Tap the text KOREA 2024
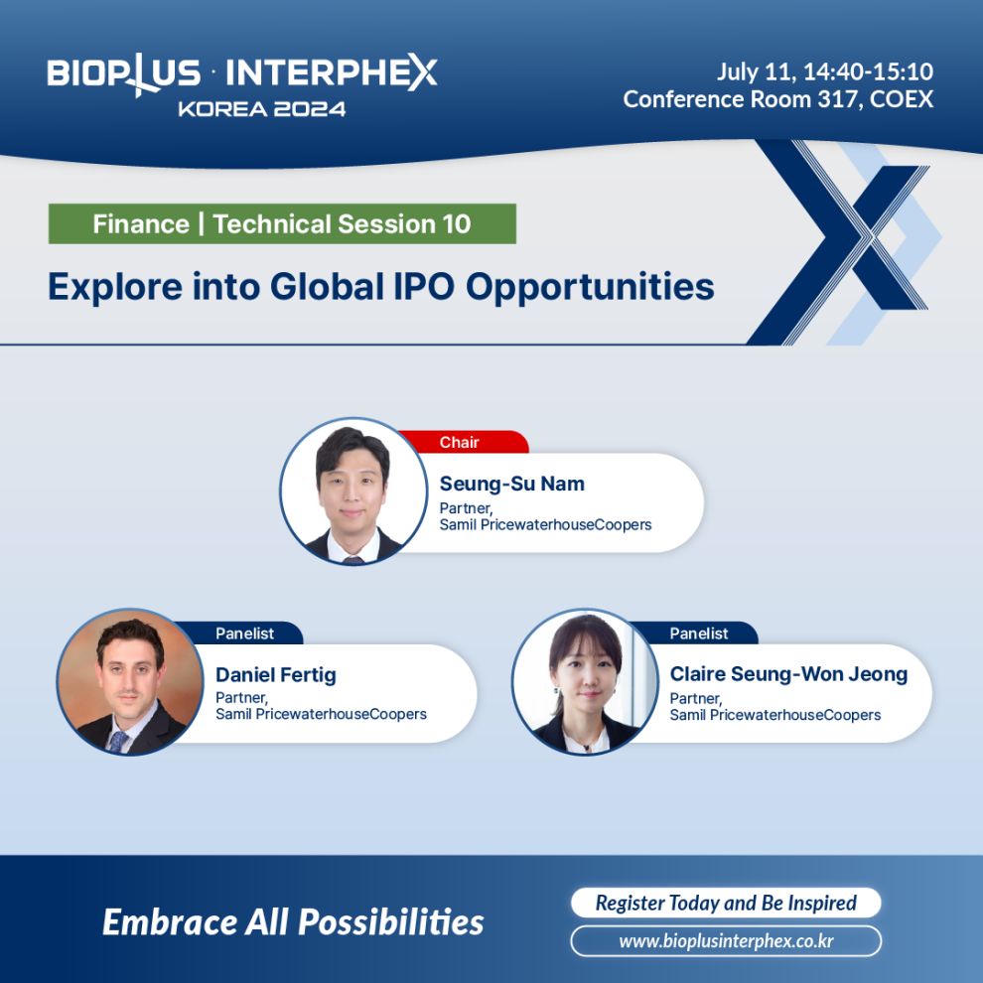tap(261, 109)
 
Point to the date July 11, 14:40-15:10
tap(825, 71)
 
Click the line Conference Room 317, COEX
tap(778, 99)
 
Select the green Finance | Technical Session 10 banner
tap(282, 223)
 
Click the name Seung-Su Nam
tap(511, 484)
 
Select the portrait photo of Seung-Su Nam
tap(353, 491)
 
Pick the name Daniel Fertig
tap(276, 674)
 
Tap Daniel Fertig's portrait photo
tap(130, 682)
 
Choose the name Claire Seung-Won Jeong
tap(788, 674)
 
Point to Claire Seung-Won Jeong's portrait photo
tap(586, 682)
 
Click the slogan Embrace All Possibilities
tap(293, 922)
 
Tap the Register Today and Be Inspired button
tap(726, 903)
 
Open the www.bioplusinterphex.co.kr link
tap(726, 941)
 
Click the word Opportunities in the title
tap(590, 288)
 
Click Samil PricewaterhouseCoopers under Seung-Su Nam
tap(545, 524)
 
